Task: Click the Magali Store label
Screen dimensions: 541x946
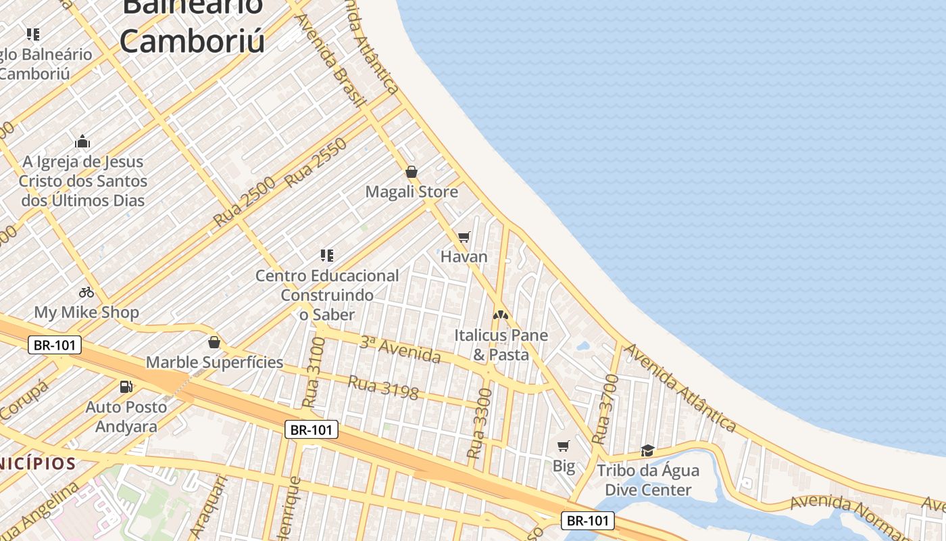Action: (412, 192)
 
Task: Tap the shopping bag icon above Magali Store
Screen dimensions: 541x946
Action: (411, 172)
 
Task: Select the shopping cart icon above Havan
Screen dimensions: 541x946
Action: (464, 237)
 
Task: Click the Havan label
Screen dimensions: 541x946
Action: (464, 257)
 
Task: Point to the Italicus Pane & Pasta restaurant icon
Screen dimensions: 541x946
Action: (500, 314)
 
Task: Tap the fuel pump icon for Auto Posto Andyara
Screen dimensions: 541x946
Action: (126, 387)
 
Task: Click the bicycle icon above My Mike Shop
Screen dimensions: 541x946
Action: (86, 292)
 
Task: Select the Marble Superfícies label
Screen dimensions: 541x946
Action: (215, 362)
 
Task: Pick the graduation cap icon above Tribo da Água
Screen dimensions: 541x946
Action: (647, 450)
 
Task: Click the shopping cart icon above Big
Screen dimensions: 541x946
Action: (564, 446)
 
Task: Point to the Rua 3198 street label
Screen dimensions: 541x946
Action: (383, 387)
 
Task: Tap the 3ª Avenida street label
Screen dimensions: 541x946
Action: (400, 350)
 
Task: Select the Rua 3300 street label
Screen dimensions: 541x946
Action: (480, 423)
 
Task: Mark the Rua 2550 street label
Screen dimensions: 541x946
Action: (316, 162)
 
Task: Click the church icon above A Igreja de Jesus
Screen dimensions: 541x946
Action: (82, 141)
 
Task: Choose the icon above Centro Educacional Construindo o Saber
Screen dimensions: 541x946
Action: (327, 255)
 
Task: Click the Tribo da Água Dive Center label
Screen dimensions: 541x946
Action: (648, 480)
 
